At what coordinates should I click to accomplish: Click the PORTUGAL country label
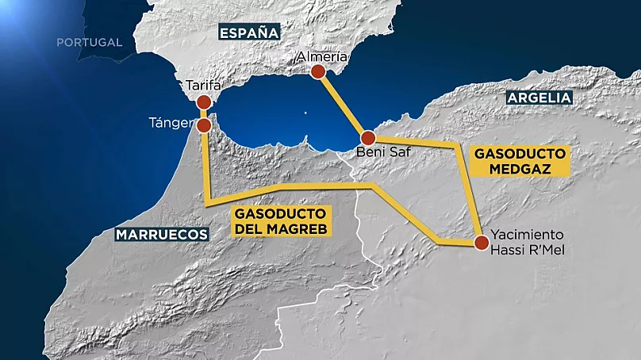pyautogui.click(x=89, y=42)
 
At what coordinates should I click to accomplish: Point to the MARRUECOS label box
pyautogui.click(x=161, y=234)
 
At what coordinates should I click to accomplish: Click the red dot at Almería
pyautogui.click(x=318, y=72)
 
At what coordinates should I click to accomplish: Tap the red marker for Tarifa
pyautogui.click(x=204, y=102)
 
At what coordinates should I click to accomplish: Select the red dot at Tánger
pyautogui.click(x=205, y=125)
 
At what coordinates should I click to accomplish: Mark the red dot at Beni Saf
pyautogui.click(x=367, y=136)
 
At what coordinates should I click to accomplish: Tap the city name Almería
pyautogui.click(x=320, y=56)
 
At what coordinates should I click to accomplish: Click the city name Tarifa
pyautogui.click(x=202, y=85)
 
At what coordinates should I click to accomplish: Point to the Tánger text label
pyautogui.click(x=170, y=123)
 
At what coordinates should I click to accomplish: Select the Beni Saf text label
pyautogui.click(x=383, y=152)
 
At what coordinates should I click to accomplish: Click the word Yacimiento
pyautogui.click(x=527, y=235)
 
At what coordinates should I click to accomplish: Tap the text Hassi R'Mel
pyautogui.click(x=528, y=251)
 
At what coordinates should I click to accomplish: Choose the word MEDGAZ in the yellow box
pyautogui.click(x=520, y=168)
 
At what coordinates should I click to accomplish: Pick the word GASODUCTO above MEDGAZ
pyautogui.click(x=520, y=152)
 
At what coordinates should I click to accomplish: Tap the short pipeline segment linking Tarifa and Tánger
pyautogui.click(x=204, y=114)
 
